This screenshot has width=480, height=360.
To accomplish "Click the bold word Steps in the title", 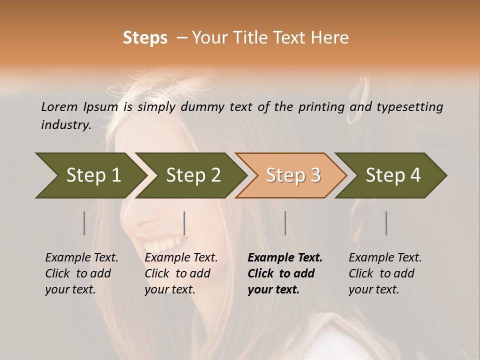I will (x=145, y=38).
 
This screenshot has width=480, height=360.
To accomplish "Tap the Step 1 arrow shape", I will (x=90, y=175).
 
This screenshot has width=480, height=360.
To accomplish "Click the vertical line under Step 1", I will (x=84, y=223).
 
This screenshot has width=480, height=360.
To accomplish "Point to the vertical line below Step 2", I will (x=184, y=223).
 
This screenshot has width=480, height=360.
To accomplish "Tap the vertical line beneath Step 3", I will (x=285, y=223).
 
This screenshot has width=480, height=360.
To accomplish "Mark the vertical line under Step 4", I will (x=386, y=223).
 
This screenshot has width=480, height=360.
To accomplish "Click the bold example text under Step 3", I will (x=284, y=273).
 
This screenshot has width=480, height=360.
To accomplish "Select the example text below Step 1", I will (x=81, y=273).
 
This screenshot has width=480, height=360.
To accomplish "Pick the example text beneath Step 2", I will (x=181, y=273).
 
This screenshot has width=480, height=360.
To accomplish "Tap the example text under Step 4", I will (x=385, y=273).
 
